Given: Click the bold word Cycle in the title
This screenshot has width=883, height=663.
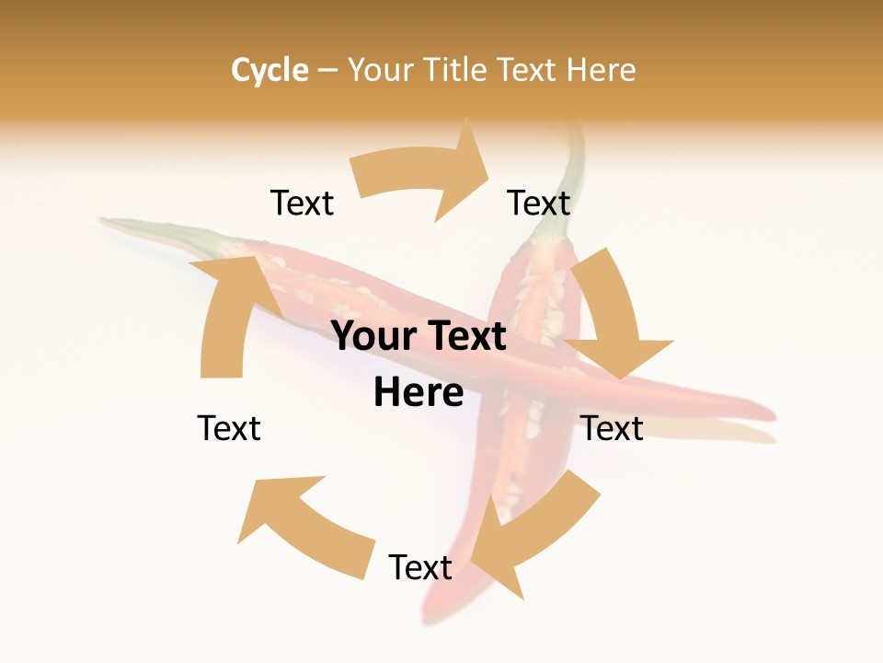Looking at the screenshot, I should point(269,70).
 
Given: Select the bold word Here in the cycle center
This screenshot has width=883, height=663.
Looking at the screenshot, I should point(419,393).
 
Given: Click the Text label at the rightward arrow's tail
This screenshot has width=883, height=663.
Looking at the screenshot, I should point(302,203).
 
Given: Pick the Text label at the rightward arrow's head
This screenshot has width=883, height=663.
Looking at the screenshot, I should point(539,203).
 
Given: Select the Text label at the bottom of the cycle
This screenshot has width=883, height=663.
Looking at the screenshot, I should point(420,567).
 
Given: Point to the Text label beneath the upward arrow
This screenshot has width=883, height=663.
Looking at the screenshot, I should point(229,428).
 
